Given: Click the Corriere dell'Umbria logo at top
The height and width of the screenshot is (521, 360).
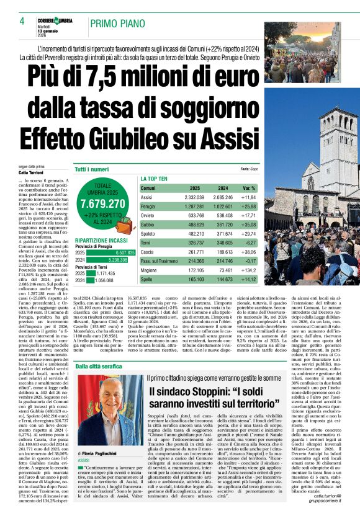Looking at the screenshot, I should pyautogui.click(x=57, y=20).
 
